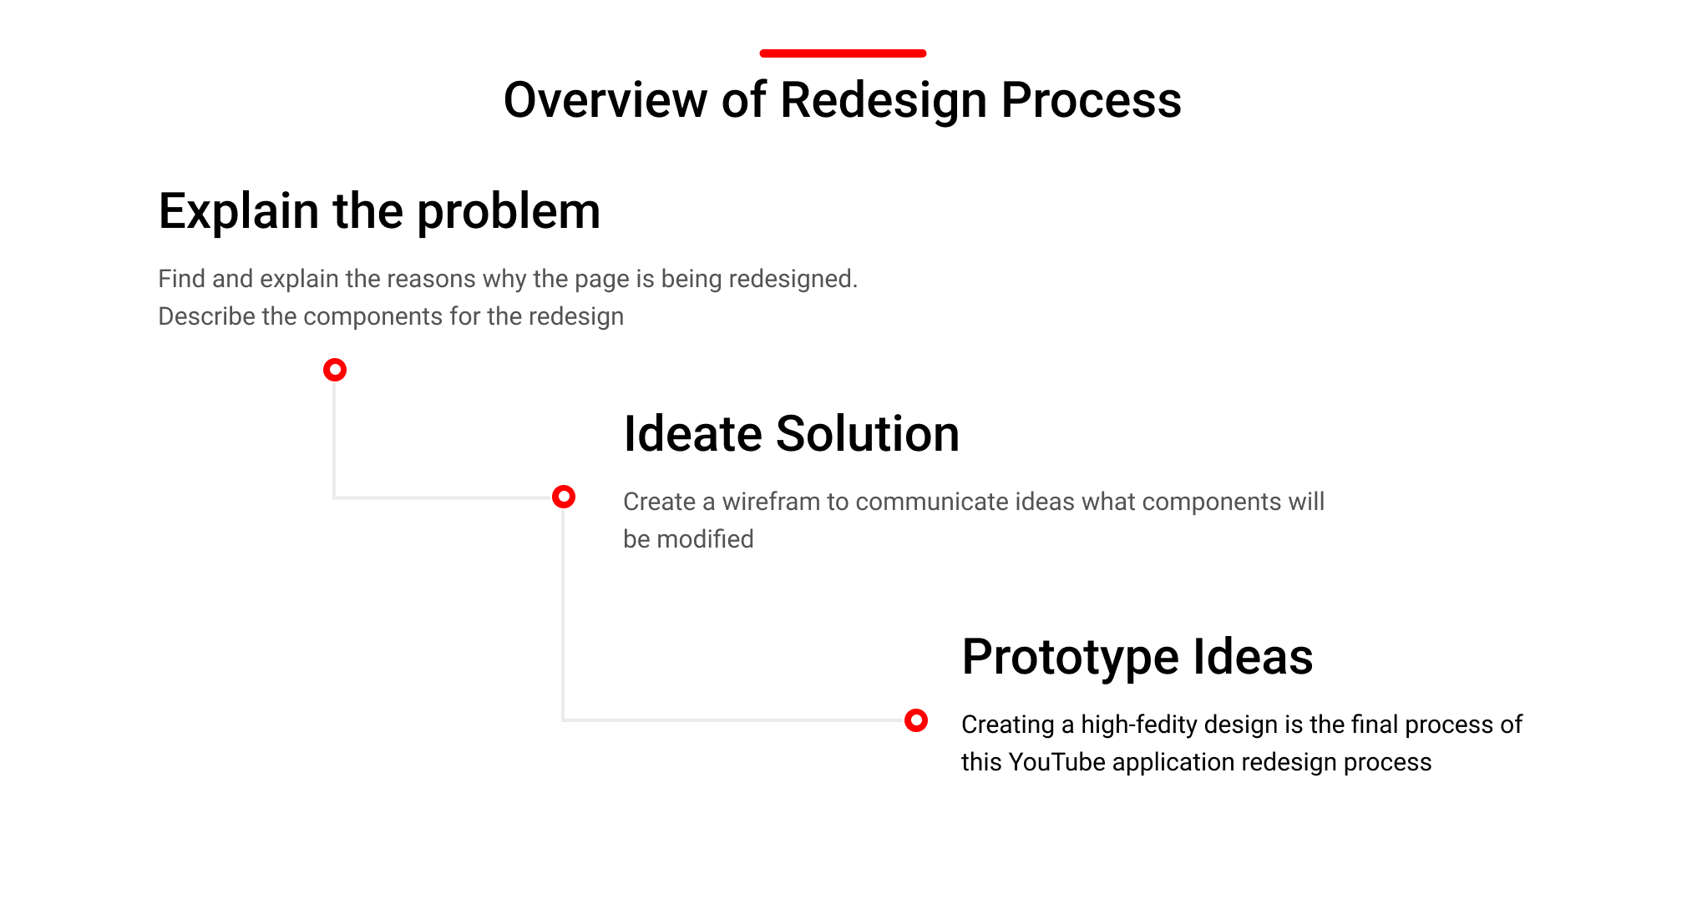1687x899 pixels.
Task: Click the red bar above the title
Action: (843, 53)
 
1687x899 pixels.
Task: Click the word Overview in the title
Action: (606, 100)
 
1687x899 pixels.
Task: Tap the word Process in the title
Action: (1091, 100)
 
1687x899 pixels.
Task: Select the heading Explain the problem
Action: (379, 211)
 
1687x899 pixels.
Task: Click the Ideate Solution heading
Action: (791, 434)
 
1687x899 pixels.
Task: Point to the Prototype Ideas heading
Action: (1137, 657)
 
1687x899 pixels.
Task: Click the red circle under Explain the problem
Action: (335, 370)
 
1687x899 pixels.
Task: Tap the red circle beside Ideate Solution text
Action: (564, 497)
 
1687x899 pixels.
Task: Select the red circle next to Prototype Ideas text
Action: (916, 720)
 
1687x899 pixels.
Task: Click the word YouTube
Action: (1056, 762)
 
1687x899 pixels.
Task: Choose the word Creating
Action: (1007, 725)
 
